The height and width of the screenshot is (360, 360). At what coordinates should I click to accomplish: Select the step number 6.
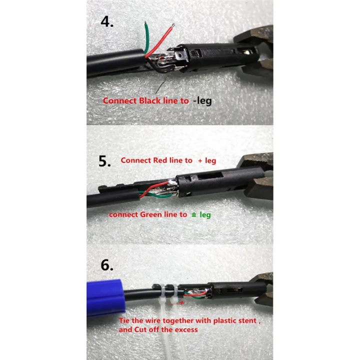[107, 264]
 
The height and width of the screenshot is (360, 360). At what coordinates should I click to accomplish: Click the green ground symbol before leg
[193, 214]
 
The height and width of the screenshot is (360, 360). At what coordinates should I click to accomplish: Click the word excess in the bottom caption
[185, 329]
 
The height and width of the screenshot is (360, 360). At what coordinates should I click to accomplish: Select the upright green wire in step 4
[145, 37]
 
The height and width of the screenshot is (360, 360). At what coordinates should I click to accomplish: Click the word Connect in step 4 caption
[118, 100]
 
